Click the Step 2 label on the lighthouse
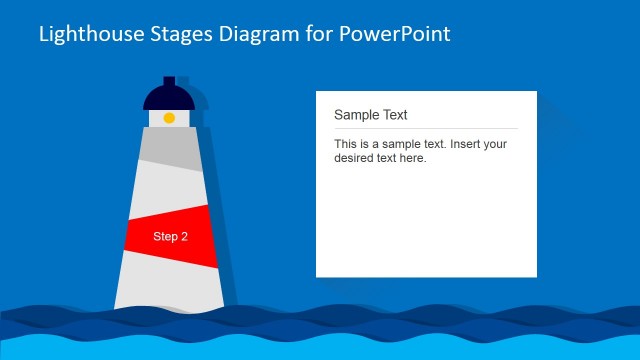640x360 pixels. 170,237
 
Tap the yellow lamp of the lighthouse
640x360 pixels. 169,118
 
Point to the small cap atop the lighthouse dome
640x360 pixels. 169,80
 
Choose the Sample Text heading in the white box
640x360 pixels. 370,115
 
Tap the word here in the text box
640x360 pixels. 412,158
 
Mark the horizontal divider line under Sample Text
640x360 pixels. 425,128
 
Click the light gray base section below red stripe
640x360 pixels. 169,285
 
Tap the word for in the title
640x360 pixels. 313,34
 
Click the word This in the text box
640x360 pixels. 346,144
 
